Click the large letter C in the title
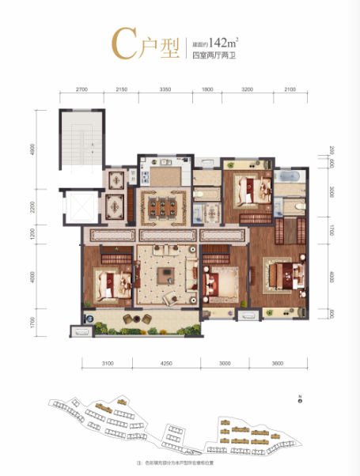pos(123,47)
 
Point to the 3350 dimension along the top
pos(165,90)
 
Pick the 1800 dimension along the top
pos(207,90)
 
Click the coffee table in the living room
pos(167,274)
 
